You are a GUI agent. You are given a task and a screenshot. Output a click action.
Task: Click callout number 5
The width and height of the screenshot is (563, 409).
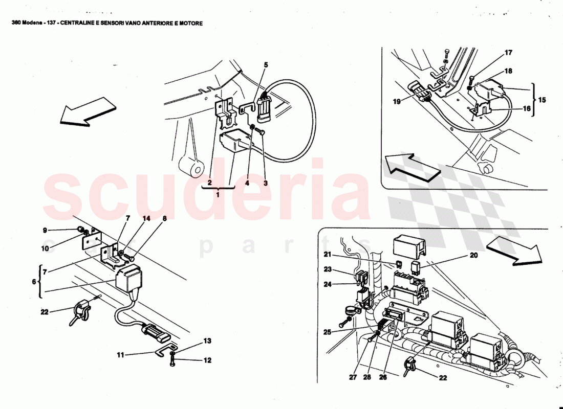266,65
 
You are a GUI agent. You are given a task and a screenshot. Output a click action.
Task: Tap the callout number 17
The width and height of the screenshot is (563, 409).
508,53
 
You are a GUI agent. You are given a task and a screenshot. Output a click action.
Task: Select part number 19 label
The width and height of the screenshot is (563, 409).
397,102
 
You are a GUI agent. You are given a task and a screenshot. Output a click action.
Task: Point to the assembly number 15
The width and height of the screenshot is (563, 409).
542,100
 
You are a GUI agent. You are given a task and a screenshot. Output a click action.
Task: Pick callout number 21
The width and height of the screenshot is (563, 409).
328,255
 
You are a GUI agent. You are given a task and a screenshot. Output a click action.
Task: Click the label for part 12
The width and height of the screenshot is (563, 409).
207,360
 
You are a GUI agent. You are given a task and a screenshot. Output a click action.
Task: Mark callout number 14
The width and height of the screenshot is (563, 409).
147,219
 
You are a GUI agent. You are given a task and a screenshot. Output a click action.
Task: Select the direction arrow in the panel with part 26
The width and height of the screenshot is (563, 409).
513,250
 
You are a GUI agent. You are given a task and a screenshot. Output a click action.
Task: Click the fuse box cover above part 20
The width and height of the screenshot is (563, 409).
409,246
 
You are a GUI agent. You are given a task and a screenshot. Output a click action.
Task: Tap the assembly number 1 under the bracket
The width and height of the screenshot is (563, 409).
219,195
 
